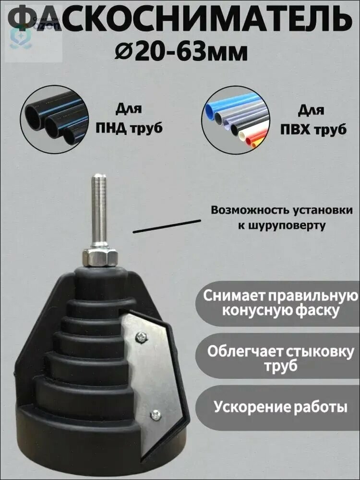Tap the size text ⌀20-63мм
[x=182, y=51]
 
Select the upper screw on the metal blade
[x=140, y=337]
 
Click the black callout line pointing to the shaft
[x=167, y=227]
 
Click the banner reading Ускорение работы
[x=281, y=408]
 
